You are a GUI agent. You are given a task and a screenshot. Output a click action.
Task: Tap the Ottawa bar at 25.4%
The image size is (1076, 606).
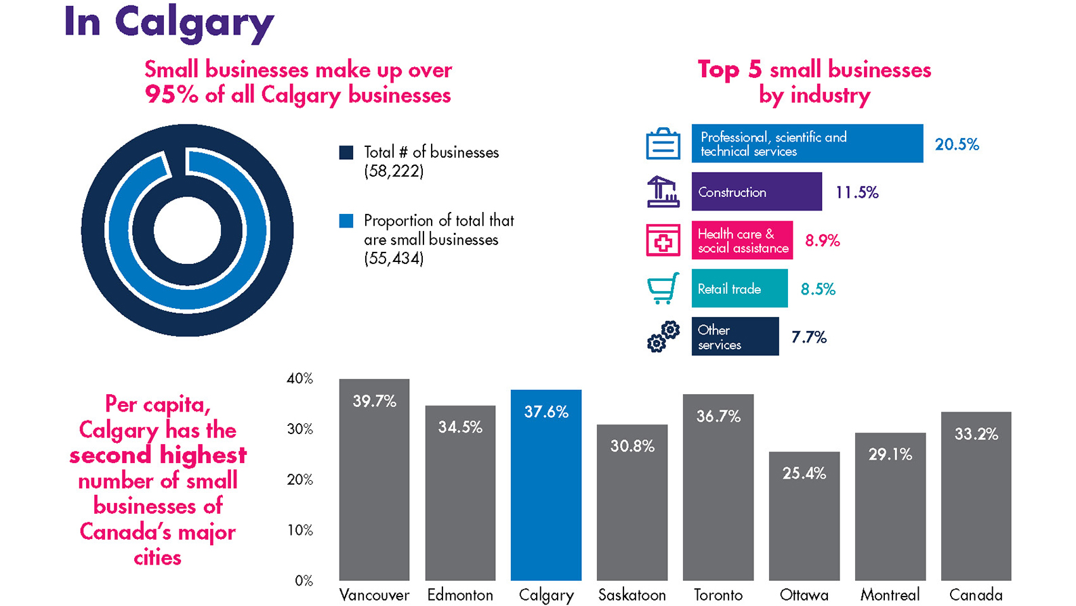pos(804,521)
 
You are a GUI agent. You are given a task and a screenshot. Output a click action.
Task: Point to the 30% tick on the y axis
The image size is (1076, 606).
pos(299,429)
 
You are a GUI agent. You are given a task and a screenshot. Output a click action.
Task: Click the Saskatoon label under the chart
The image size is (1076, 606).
pos(632,594)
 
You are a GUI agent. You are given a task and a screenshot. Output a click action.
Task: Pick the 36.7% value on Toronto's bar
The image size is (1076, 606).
pos(718,416)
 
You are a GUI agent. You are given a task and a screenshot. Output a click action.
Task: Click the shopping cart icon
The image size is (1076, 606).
pos(663,288)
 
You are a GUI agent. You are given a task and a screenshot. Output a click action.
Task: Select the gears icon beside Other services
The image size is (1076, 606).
pos(663,337)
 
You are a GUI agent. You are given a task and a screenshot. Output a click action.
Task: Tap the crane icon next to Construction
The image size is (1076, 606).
pos(663,192)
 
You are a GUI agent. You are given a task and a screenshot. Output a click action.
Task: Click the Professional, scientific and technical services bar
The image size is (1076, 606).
pos(806,144)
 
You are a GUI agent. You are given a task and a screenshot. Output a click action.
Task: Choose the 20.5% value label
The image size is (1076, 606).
pos(957,144)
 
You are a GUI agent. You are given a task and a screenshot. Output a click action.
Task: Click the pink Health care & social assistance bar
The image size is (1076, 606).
pos(742,240)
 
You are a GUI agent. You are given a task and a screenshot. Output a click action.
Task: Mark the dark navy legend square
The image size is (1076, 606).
pos(346,152)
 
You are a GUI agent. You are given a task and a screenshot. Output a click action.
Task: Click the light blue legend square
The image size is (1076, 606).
pos(346,221)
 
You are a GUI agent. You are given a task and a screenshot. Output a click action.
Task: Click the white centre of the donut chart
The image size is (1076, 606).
pos(187,230)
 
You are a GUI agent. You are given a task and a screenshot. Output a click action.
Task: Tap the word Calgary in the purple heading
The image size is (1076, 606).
pos(194,22)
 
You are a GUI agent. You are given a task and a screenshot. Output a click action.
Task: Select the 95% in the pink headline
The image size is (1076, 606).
pos(171,95)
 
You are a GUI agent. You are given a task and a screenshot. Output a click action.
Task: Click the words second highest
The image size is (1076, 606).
pos(158,455)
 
